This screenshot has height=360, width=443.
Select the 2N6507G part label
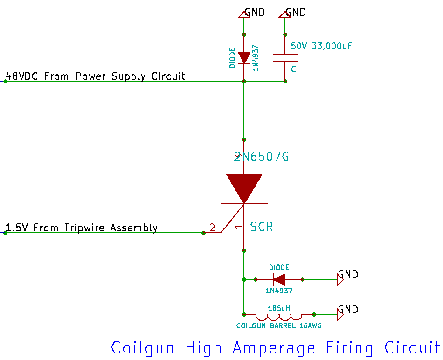click(x=262, y=157)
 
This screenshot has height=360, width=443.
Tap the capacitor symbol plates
click(x=285, y=58)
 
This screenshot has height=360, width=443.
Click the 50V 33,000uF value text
click(x=321, y=46)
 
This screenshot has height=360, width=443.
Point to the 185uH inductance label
click(x=279, y=308)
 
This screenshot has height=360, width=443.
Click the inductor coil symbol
click(x=278, y=316)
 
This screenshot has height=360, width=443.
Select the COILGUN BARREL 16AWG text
click(x=279, y=326)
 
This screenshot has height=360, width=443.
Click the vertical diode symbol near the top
click(x=244, y=57)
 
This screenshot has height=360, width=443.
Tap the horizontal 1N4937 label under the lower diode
click(x=279, y=291)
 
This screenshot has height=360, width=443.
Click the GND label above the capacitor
click(x=296, y=12)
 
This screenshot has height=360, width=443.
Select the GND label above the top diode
click(x=255, y=12)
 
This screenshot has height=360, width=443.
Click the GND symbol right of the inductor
click(x=340, y=315)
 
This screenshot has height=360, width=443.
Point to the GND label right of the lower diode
click(x=348, y=274)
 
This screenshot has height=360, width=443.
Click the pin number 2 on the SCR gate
click(x=212, y=228)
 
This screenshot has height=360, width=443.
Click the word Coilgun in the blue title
click(x=143, y=348)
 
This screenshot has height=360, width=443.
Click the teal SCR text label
click(x=261, y=227)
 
